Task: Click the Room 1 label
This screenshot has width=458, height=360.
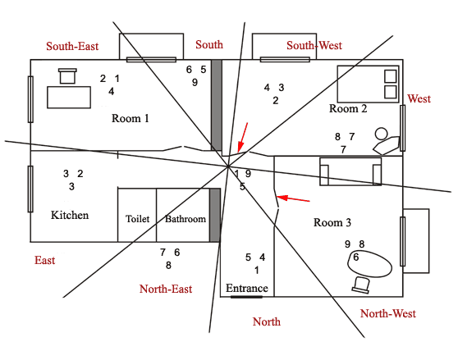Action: tap(131, 118)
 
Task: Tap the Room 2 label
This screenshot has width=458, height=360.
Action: tap(348, 108)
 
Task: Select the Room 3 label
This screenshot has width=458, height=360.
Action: tap(332, 222)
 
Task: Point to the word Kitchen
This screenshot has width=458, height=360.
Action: tap(70, 216)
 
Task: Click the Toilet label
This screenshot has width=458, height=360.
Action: tap(137, 219)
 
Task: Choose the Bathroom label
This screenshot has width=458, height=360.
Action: tap(185, 219)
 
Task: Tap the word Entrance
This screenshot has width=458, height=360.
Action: tap(247, 288)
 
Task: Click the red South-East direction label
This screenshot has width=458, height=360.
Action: tap(72, 46)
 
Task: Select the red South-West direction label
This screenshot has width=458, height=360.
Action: tap(314, 45)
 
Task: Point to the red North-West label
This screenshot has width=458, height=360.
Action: tap(388, 313)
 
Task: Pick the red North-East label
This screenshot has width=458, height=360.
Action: tap(166, 289)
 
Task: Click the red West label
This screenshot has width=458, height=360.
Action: tap(419, 99)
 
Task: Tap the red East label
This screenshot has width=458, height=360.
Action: tap(44, 260)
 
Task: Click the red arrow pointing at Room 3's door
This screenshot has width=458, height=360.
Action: tap(293, 199)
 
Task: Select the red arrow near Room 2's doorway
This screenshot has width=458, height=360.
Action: tap(243, 137)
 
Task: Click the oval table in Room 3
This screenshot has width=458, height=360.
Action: tap(369, 263)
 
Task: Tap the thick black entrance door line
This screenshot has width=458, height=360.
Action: tap(246, 297)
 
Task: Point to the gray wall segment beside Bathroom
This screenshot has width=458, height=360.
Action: tap(215, 215)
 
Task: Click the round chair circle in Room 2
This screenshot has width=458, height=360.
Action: tap(381, 134)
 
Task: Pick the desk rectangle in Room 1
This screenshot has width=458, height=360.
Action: tap(69, 97)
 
